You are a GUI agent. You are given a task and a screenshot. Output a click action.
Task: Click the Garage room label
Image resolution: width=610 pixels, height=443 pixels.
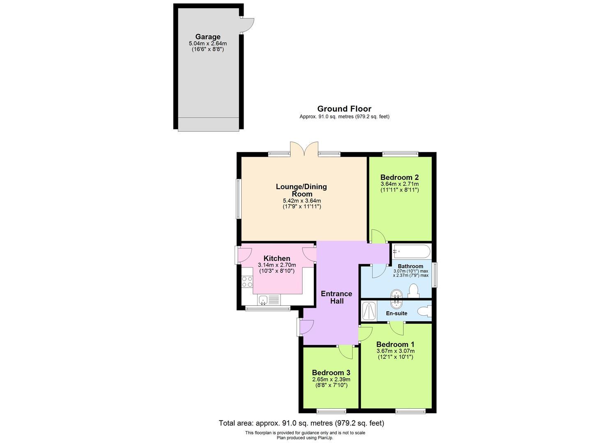tap(207, 37)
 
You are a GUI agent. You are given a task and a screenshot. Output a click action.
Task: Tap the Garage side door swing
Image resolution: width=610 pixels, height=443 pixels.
tap(247, 25)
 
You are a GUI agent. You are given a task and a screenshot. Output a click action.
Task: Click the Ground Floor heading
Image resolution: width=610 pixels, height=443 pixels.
tap(344, 109)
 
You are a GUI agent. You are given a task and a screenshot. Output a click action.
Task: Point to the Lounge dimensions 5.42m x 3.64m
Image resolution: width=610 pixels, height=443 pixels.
tap(302, 201)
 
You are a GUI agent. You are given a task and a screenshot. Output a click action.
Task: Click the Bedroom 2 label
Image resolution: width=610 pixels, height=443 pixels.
tap(399, 178)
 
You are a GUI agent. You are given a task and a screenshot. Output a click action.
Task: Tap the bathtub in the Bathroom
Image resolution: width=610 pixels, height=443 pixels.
tap(411, 250)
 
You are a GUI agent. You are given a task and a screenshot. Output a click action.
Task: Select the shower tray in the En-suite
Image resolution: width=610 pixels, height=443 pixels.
tap(369, 311)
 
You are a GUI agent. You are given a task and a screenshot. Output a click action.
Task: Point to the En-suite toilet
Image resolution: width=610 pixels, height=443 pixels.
tap(424, 312)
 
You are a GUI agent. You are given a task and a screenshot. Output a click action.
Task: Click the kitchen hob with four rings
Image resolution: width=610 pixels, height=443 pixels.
tap(247, 281)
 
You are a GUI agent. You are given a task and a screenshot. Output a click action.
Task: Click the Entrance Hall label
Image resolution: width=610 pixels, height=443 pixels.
tap(336, 297)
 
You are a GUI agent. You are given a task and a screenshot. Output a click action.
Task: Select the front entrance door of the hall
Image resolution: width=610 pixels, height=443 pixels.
tap(306, 327)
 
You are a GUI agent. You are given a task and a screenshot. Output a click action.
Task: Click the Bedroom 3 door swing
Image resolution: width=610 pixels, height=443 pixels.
tap(346, 351)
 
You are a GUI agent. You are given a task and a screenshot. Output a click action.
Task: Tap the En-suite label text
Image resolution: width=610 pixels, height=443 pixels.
tap(396, 313)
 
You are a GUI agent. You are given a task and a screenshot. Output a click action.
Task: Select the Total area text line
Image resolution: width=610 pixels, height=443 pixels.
tap(301, 423)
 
